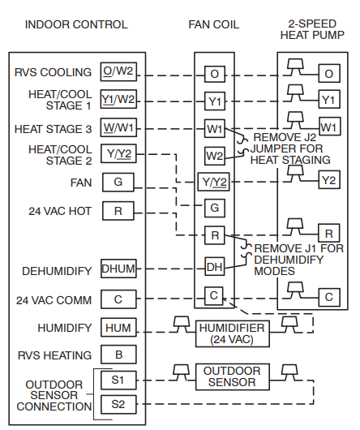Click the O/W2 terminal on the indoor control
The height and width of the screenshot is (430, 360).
[x=118, y=71]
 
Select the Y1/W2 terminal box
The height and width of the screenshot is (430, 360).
[x=118, y=99]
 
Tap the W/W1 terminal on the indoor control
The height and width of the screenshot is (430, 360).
[x=118, y=127]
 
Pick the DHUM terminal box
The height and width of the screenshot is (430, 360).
[x=118, y=269]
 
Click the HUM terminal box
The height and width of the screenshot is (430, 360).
[x=118, y=328]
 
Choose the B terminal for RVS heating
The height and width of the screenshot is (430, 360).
[x=118, y=355]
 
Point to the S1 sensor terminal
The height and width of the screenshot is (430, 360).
[x=118, y=381]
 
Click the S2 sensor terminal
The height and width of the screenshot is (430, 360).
[x=118, y=404]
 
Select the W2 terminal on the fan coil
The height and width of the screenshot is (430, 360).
[x=215, y=156]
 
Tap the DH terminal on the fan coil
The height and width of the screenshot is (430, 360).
[x=215, y=266]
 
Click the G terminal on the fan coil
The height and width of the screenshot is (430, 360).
[x=215, y=209]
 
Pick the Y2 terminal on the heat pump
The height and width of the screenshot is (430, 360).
[x=329, y=179]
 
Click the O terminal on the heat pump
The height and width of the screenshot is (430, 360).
[x=329, y=73]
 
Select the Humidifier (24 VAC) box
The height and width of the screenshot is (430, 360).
[x=233, y=333]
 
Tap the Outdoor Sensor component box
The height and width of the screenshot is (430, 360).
[x=233, y=376]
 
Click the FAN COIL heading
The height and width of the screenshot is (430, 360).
[x=214, y=24]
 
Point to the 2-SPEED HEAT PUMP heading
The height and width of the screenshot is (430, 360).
[x=312, y=29]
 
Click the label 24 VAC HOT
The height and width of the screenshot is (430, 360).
[x=60, y=211]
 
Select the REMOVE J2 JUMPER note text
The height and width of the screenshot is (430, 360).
[x=290, y=148]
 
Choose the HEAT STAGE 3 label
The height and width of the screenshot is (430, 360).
[x=54, y=129]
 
